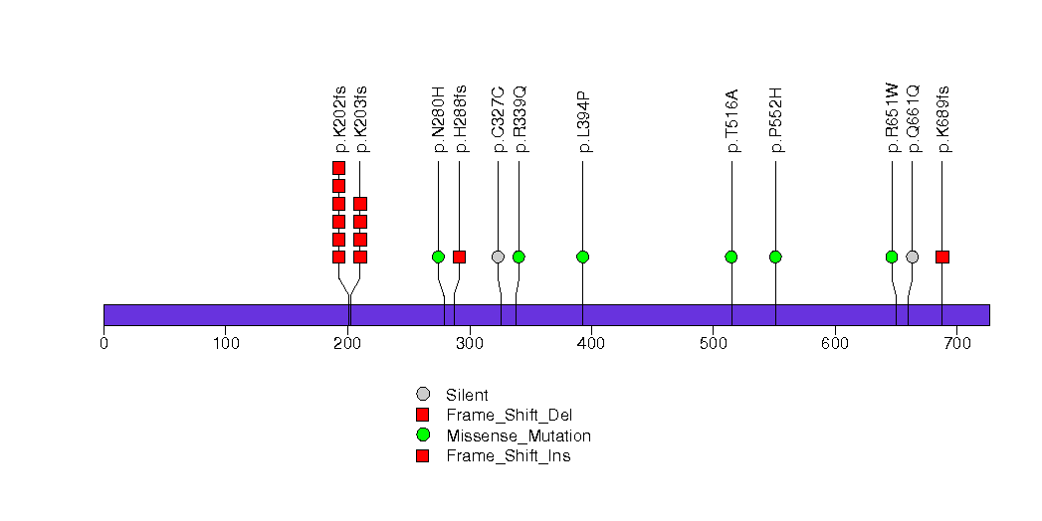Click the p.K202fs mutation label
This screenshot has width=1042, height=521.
(x=339, y=119)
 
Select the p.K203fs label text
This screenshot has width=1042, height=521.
(x=361, y=119)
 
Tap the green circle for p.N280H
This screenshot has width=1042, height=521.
(x=438, y=257)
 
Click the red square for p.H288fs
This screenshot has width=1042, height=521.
(x=459, y=257)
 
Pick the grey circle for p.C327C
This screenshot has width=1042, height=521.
(x=498, y=257)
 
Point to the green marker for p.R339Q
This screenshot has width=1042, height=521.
(x=519, y=257)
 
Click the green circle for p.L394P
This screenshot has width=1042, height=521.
(x=582, y=257)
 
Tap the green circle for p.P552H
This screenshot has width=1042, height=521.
(x=775, y=257)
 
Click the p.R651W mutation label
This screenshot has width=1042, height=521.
(x=892, y=119)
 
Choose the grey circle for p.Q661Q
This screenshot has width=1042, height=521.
(x=913, y=257)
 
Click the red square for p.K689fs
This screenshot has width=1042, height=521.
(x=942, y=257)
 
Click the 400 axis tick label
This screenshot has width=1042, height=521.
(x=591, y=343)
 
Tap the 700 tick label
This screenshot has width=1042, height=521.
(x=956, y=343)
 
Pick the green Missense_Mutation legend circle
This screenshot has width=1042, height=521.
(x=423, y=435)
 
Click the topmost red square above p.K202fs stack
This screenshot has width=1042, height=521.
(x=338, y=168)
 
